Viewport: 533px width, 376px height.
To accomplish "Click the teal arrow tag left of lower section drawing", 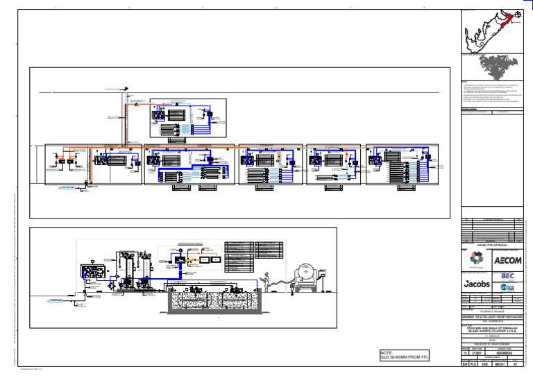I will click(x=60, y=300).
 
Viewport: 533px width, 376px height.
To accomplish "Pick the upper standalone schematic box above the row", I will click(x=188, y=117).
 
